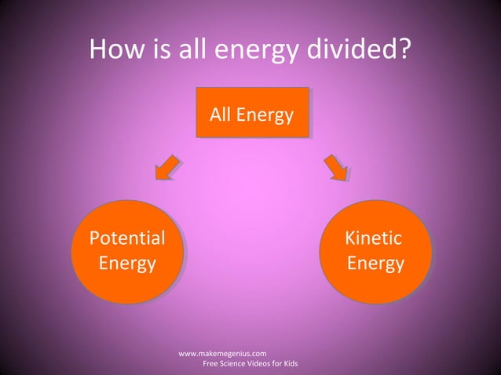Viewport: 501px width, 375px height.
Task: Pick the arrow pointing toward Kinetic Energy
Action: (335, 167)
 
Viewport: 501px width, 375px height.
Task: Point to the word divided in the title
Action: (361, 49)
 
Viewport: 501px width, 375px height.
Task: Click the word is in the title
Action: (162, 49)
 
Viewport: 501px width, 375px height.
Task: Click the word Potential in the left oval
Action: (127, 238)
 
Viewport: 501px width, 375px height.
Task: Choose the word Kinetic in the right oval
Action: (373, 238)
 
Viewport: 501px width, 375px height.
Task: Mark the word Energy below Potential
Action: (127, 263)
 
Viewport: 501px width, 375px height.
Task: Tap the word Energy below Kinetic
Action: (375, 263)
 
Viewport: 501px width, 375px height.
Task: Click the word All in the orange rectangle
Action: (221, 115)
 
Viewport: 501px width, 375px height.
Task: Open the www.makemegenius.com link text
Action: (223, 354)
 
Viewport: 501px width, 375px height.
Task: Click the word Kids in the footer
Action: (288, 364)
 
